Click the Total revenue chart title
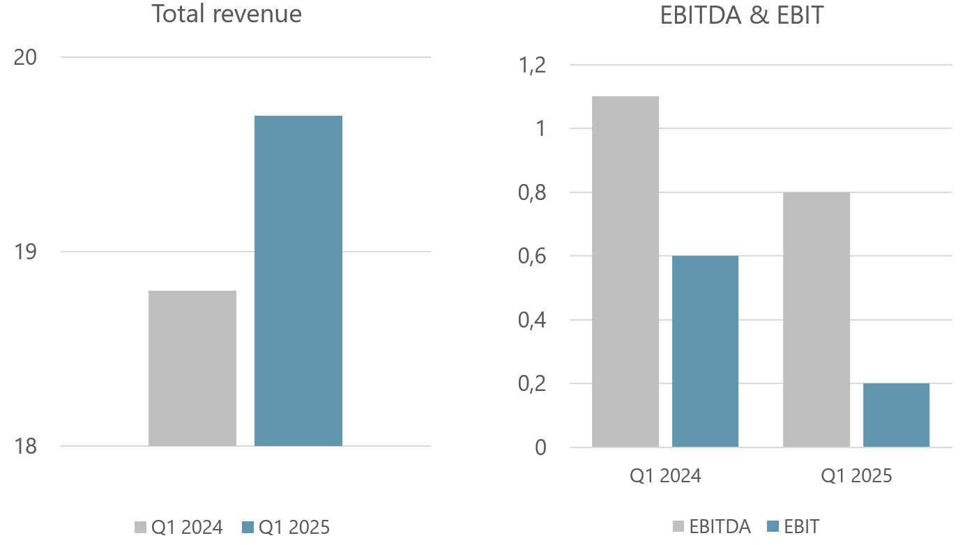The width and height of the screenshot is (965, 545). (x=227, y=14)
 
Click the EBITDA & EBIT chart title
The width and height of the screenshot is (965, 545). (x=741, y=14)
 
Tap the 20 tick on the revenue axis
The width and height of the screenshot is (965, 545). (x=26, y=57)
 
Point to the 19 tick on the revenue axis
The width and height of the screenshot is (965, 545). (x=26, y=252)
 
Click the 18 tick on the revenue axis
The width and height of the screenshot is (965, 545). (x=26, y=446)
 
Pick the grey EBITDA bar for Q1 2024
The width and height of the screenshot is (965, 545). (x=625, y=272)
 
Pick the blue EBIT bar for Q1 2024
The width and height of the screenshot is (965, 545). (x=705, y=351)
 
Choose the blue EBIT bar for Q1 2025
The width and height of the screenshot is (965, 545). (x=896, y=415)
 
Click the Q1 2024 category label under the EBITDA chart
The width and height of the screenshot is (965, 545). (x=665, y=476)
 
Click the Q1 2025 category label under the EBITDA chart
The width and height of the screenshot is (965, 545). (x=856, y=476)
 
